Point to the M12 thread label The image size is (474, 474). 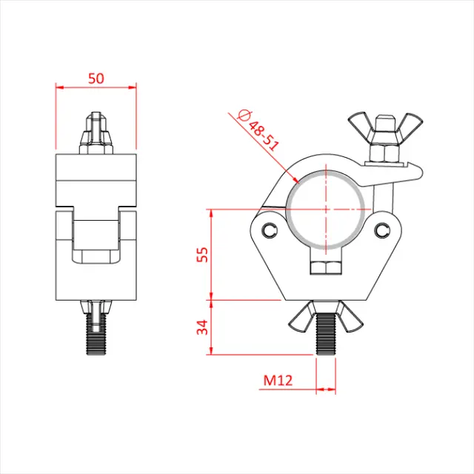pyautogui.click(x=278, y=381)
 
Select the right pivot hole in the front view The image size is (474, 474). pyautogui.click(x=382, y=230)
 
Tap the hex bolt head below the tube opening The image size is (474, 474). pyautogui.click(x=324, y=267)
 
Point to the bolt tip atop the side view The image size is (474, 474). pyautogui.click(x=96, y=118)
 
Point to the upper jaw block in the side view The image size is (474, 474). pyautogui.click(x=96, y=178)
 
